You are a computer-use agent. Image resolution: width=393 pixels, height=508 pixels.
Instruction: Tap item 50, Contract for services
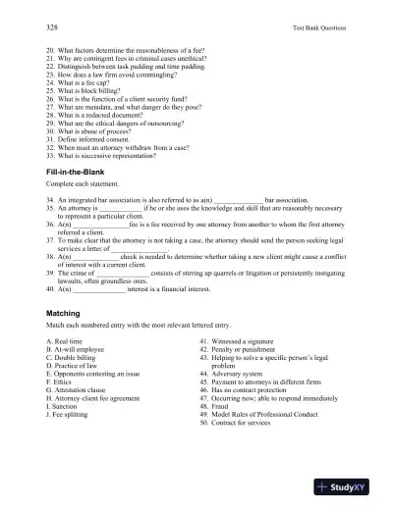244,427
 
